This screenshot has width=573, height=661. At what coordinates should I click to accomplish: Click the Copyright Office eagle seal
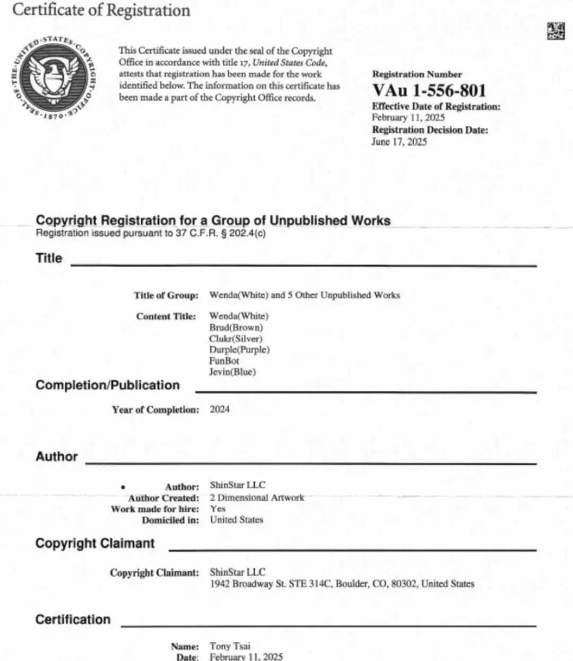[54, 77]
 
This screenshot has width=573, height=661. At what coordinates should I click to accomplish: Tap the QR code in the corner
[555, 31]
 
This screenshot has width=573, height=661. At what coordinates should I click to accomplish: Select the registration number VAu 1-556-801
[429, 90]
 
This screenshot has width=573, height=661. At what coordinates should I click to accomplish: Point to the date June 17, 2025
[399, 142]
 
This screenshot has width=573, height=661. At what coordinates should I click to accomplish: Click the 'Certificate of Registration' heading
[101, 10]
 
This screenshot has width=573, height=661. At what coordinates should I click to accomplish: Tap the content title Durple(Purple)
[239, 350]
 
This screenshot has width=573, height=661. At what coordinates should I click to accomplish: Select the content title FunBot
[224, 360]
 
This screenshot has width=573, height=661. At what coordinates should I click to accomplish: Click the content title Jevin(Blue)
[232, 372]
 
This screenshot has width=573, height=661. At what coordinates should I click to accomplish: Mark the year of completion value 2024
[220, 409]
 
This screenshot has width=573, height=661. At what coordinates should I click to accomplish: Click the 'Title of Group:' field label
[166, 295]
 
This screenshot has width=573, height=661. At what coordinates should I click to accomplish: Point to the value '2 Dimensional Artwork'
[257, 497]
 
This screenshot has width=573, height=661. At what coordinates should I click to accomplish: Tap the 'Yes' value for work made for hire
[218, 509]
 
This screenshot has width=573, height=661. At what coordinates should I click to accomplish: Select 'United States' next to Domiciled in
[237, 520]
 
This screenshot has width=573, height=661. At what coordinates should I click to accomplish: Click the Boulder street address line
[342, 583]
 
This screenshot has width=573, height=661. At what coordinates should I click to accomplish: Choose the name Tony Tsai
[230, 646]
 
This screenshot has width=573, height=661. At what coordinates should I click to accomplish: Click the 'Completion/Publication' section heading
[108, 385]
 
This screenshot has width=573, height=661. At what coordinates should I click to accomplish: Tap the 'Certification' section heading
[73, 620]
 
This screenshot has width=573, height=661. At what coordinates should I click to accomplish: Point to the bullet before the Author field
[123, 487]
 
